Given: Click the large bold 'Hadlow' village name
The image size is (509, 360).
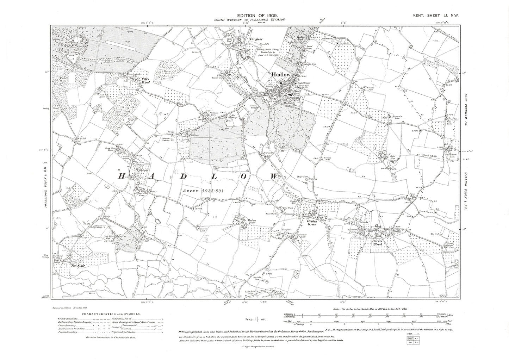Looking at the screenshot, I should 280,75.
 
